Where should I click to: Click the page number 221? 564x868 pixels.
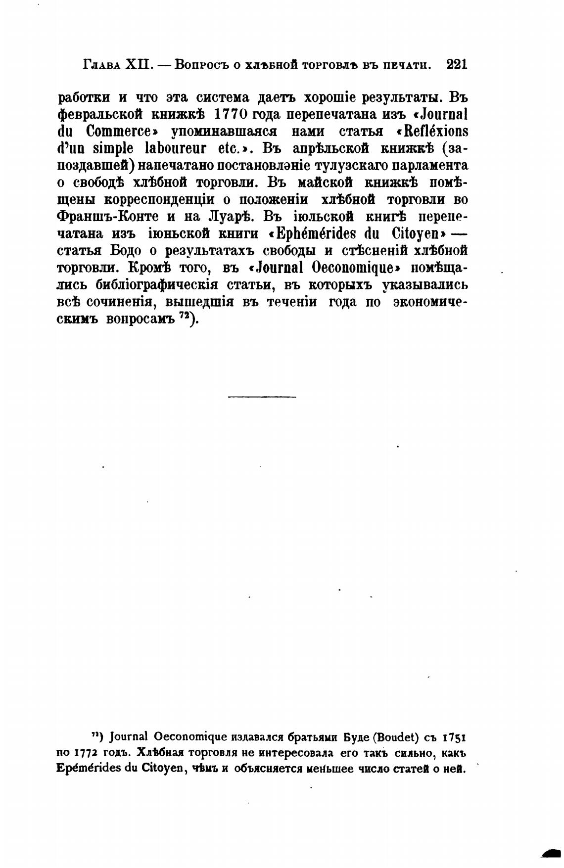[456, 64]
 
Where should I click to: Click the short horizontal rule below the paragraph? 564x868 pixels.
[262, 396]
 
